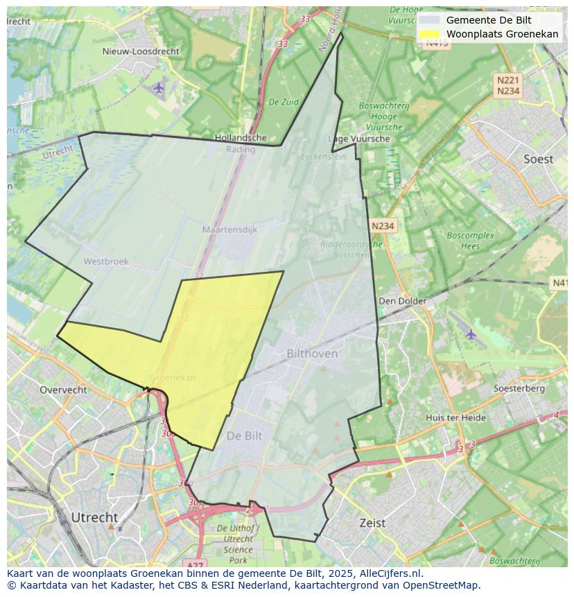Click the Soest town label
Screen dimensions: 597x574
click(538, 159)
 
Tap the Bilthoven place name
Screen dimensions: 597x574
click(312, 354)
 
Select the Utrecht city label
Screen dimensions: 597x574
click(94, 517)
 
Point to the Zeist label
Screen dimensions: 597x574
click(372, 523)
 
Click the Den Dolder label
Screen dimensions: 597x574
click(401, 301)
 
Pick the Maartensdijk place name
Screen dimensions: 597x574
click(229, 229)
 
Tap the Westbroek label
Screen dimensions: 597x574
click(105, 261)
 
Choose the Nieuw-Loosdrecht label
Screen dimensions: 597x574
click(140, 51)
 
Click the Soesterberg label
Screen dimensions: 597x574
click(519, 388)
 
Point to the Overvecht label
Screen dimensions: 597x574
click(63, 390)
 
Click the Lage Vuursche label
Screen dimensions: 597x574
click(359, 139)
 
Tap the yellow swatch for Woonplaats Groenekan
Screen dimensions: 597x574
click(430, 34)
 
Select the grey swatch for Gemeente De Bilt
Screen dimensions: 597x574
click(430, 20)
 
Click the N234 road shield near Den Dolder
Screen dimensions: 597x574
click(383, 226)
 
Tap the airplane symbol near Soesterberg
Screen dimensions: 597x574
click(471, 334)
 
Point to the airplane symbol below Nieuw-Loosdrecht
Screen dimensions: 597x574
click(159, 87)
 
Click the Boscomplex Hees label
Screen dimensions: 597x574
click(470, 241)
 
